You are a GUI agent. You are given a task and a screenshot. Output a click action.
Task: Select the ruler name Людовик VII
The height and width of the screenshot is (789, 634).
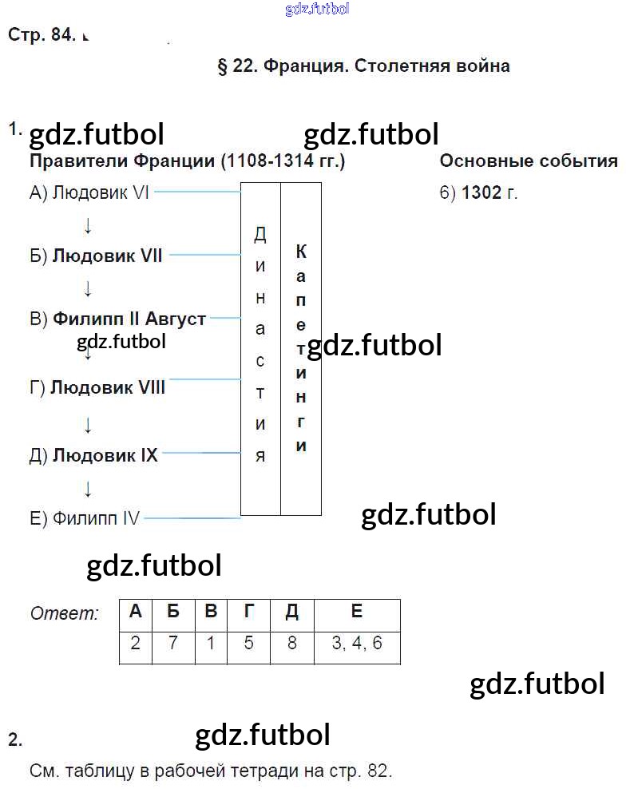pos(107,256)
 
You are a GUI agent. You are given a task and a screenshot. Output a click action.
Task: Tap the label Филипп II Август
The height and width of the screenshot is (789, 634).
pos(129,319)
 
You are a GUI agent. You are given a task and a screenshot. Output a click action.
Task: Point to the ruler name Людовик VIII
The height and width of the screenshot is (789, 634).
pos(107,388)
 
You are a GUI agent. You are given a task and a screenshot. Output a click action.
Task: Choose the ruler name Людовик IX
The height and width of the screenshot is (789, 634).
pos(105,456)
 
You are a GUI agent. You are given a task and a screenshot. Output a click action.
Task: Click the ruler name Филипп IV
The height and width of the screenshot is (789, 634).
pos(96,518)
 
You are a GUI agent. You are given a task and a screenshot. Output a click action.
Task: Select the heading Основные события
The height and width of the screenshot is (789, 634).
pos(528,161)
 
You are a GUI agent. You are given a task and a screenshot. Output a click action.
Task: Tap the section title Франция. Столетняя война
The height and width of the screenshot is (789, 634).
pos(386,66)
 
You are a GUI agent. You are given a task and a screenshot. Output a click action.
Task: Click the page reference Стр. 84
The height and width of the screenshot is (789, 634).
pos(41,35)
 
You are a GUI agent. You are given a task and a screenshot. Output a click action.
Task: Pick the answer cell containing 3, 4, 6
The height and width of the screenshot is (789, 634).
pos(356,644)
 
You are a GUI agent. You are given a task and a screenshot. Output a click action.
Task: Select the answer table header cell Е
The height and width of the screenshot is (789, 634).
pos(356,612)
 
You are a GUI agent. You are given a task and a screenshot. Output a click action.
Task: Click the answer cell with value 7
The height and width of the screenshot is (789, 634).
pos(173,644)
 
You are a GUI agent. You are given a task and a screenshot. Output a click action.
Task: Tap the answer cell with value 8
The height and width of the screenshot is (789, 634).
pos(291,644)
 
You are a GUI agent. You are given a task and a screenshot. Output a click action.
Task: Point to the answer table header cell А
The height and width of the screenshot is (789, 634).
pos(136,612)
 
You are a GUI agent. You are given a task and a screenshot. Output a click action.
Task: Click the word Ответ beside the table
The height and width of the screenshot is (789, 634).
pos(65,614)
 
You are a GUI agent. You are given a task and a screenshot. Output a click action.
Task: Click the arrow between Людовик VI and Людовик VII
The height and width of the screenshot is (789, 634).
pos(88,226)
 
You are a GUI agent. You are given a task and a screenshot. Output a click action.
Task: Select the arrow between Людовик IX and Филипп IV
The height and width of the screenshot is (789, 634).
pos(88,488)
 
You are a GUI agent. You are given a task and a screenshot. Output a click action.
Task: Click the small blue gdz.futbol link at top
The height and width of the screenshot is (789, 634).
pos(316,10)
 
